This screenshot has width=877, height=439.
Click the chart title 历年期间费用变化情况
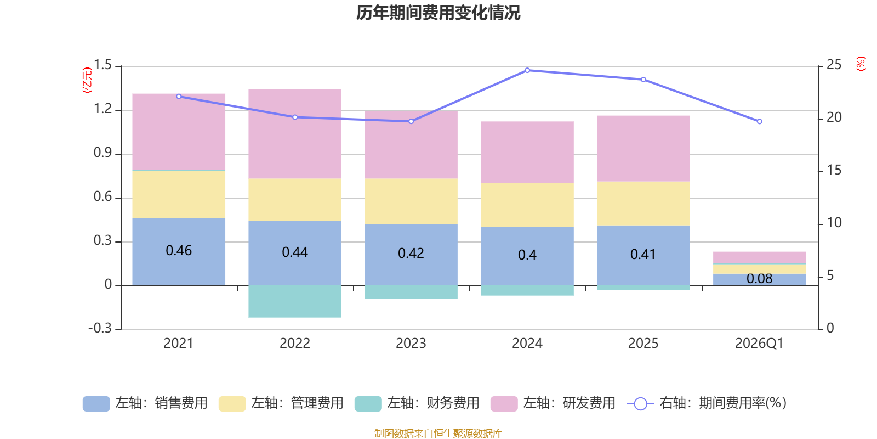coord(438,13)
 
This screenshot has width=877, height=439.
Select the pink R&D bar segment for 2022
coord(295,133)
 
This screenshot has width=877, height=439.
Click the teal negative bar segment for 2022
coord(295,301)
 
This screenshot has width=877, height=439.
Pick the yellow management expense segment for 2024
coord(527,205)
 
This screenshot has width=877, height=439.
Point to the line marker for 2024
coord(527,70)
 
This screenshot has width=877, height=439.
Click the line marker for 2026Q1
coord(760,121)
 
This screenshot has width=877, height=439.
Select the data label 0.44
coord(295,252)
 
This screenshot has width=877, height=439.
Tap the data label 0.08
coord(760,279)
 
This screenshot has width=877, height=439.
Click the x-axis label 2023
coord(411,344)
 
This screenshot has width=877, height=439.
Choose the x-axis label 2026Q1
coord(759,344)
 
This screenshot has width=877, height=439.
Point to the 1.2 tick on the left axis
coord(102,109)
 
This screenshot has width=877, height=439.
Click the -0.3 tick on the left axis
coord(100,328)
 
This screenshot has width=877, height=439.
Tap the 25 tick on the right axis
coord(834,65)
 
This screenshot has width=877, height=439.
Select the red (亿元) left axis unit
coord(87,80)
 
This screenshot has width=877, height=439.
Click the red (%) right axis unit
coord(861,64)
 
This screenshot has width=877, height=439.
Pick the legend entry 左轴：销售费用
coord(145,403)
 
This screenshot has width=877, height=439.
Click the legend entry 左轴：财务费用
coord(417,403)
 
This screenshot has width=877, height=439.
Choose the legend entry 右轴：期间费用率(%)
coord(707,403)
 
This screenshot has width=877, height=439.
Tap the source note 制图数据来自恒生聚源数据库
coord(438,434)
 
